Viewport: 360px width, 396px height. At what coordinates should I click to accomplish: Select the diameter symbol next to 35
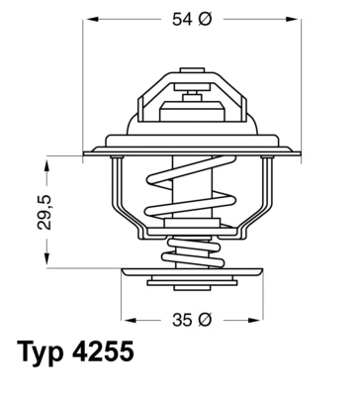point(205,321)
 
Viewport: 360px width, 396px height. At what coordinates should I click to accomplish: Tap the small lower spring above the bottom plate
point(190,255)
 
